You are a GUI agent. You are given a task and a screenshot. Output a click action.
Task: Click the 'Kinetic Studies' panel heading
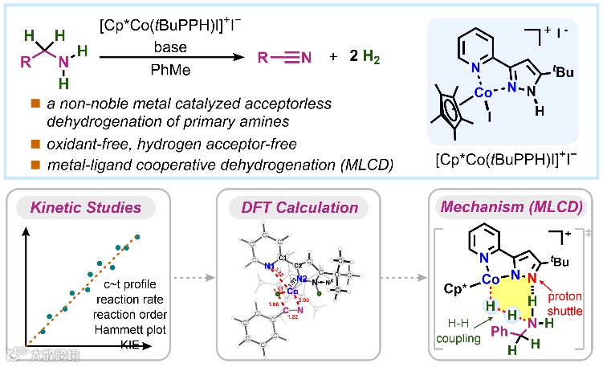click(96, 207)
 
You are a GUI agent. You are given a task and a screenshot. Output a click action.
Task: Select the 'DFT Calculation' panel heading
click(300, 207)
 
